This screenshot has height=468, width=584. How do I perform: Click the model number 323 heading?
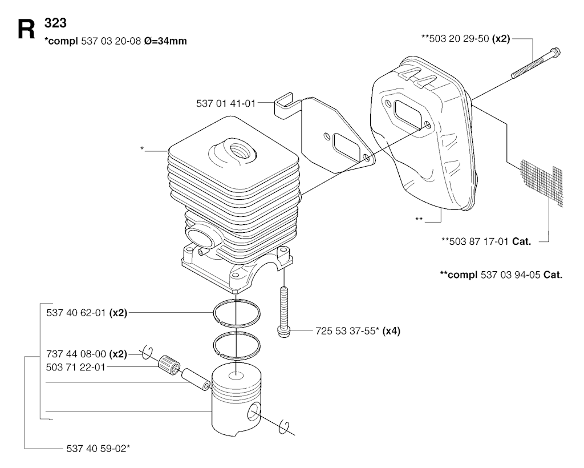tap(55, 23)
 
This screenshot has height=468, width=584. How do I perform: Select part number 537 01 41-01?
tap(226, 103)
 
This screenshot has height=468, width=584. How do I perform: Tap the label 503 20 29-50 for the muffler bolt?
tap(459, 38)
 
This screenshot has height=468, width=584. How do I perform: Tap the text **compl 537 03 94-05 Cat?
tap(501, 275)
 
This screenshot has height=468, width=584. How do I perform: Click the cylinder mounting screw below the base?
tap(284, 312)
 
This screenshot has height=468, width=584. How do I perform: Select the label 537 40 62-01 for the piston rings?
tap(76, 313)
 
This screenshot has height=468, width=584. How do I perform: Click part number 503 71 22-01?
tap(76, 368)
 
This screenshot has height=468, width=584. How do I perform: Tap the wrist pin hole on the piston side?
tap(254, 411)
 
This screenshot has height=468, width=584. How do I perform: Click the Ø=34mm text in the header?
tap(165, 41)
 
